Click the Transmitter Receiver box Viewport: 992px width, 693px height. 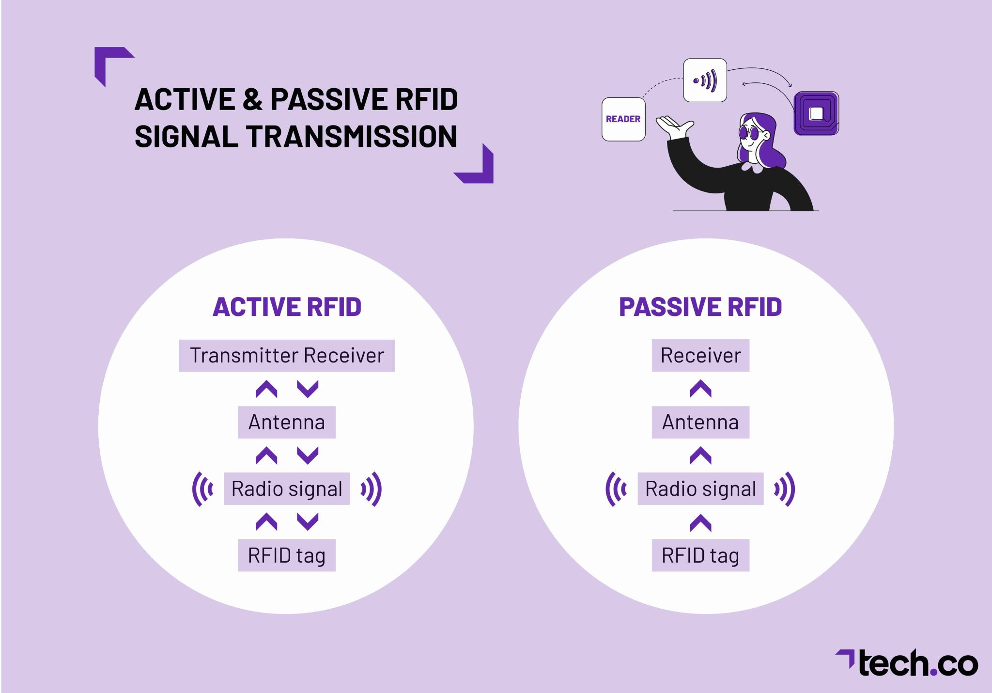click(x=287, y=356)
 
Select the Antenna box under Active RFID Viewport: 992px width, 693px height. click(x=287, y=422)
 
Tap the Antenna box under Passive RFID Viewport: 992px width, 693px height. click(x=700, y=422)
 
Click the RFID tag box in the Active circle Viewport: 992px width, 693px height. click(x=287, y=555)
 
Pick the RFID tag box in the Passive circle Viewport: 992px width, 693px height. click(x=700, y=555)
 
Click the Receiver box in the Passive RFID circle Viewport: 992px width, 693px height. click(x=700, y=356)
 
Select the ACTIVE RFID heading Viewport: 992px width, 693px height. click(x=287, y=307)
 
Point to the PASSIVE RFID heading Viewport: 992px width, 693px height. click(x=700, y=307)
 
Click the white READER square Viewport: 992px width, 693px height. click(x=623, y=119)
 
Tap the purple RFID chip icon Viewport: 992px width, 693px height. click(x=816, y=113)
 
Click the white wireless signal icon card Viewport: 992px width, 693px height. click(x=705, y=80)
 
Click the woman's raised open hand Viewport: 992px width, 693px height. click(x=673, y=127)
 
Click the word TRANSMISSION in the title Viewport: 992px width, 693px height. click(x=352, y=137)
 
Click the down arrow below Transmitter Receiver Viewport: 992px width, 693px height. click(x=308, y=389)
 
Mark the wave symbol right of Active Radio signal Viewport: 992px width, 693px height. click(x=372, y=489)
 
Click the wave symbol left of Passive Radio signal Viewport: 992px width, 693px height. click(x=616, y=489)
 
